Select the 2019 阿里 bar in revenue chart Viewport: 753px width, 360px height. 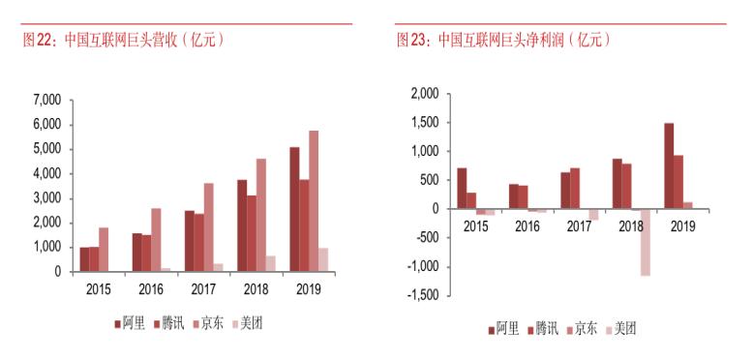click(294, 209)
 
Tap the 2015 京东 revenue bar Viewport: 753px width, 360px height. click(104, 250)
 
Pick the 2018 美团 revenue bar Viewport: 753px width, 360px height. click(271, 264)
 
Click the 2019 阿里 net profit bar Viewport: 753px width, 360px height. click(669, 165)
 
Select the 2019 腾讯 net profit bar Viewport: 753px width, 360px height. click(679, 182)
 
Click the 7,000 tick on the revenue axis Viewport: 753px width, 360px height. click(46, 100)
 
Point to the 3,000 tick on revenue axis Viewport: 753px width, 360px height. click(46, 198)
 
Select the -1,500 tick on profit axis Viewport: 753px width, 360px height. click(423, 295)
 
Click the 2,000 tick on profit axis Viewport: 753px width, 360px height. click(425, 94)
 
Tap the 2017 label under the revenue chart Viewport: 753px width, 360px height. click(202, 289)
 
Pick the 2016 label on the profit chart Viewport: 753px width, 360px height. click(527, 225)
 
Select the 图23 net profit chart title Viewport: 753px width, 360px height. click(503, 40)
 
